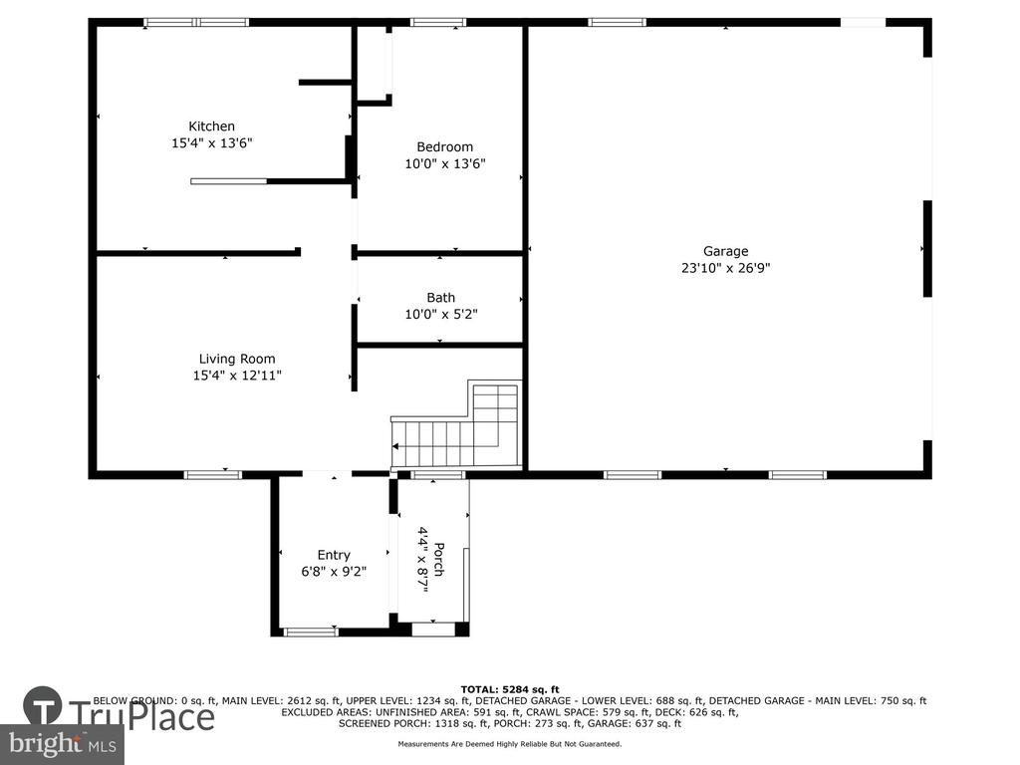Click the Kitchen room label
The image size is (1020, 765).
pyautogui.click(x=211, y=127)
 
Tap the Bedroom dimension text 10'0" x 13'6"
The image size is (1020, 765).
pyautogui.click(x=445, y=163)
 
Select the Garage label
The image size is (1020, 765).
pyautogui.click(x=725, y=251)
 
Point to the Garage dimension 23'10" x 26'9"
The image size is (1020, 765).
pyautogui.click(x=725, y=267)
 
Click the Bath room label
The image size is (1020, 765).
pyautogui.click(x=440, y=297)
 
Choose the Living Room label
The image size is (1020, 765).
pyautogui.click(x=237, y=359)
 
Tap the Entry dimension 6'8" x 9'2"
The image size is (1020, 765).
pyautogui.click(x=334, y=571)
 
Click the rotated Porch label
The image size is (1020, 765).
pyautogui.click(x=439, y=559)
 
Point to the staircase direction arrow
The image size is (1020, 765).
pyautogui.click(x=394, y=446)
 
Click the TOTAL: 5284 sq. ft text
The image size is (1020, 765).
pyautogui.click(x=509, y=689)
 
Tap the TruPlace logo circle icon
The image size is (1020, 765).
pyautogui.click(x=43, y=706)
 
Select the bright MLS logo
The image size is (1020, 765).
pyautogui.click(x=62, y=744)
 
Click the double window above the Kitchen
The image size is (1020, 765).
pyautogui.click(x=196, y=22)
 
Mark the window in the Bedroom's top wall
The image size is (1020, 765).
pyautogui.click(x=438, y=22)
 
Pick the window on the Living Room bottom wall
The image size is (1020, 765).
pyautogui.click(x=213, y=475)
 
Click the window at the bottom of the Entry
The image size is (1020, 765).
pyautogui.click(x=311, y=631)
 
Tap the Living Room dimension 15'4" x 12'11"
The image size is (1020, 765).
pyautogui.click(x=237, y=375)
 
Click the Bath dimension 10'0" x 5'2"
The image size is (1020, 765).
pyautogui.click(x=441, y=314)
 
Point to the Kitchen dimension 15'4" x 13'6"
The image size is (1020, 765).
pyautogui.click(x=211, y=142)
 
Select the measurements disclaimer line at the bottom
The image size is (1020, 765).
pyautogui.click(x=509, y=743)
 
